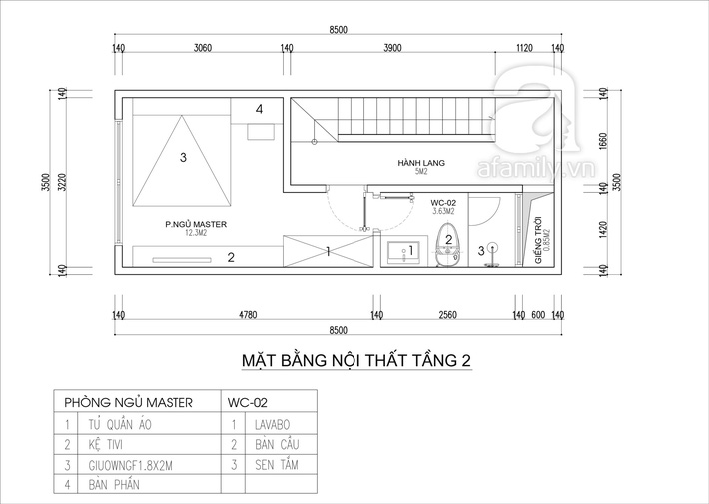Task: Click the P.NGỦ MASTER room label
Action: pyautogui.click(x=196, y=224)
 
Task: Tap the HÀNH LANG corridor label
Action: pyautogui.click(x=421, y=163)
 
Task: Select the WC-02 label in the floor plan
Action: pyautogui.click(x=443, y=203)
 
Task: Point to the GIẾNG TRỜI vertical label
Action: pyautogui.click(x=538, y=240)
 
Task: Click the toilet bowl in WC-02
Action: pyautogui.click(x=448, y=245)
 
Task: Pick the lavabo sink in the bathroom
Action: pyautogui.click(x=403, y=251)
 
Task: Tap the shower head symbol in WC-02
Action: pyautogui.click(x=493, y=248)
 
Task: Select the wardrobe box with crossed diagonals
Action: pyautogui.click(x=329, y=251)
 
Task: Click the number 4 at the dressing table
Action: pyautogui.click(x=259, y=109)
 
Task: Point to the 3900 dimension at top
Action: pyautogui.click(x=392, y=48)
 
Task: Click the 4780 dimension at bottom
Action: pyautogui.click(x=248, y=315)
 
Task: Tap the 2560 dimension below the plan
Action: pyautogui.click(x=448, y=315)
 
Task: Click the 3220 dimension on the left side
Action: pyautogui.click(x=62, y=182)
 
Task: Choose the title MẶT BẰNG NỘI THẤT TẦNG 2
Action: pyautogui.click(x=356, y=360)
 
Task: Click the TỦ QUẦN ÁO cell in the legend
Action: pyautogui.click(x=120, y=425)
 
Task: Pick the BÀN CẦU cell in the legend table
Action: pyautogui.click(x=277, y=445)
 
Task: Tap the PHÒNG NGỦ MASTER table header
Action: pyautogui.click(x=128, y=403)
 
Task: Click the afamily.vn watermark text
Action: pyautogui.click(x=536, y=169)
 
